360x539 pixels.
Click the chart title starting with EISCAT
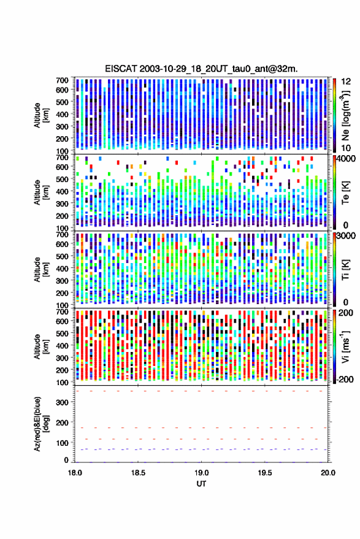(x=201, y=69)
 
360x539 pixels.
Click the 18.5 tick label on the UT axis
(x=138, y=473)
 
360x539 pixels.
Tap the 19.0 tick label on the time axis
(x=201, y=473)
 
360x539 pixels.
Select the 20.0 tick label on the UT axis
(x=328, y=473)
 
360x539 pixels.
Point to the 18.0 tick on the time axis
(x=75, y=473)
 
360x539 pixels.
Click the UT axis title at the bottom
(x=201, y=484)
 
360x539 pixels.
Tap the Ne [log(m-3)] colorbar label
(x=345, y=115)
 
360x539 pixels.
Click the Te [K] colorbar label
(x=345, y=192)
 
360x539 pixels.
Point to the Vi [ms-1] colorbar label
(x=345, y=346)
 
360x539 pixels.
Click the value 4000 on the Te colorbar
(x=346, y=159)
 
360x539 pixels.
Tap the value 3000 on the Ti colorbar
(x=346, y=236)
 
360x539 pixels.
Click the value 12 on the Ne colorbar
(x=346, y=82)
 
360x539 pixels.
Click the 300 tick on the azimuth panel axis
(x=62, y=402)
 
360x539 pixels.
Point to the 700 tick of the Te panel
(x=62, y=158)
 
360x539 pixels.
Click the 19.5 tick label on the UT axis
(x=264, y=473)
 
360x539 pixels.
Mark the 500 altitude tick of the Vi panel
(x=62, y=333)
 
